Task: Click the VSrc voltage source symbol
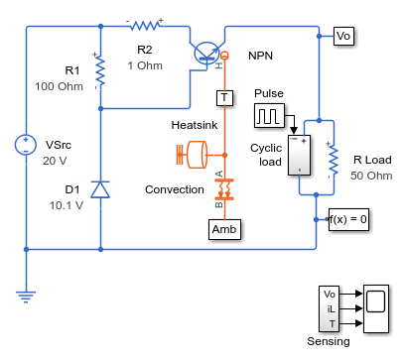coord(26,145)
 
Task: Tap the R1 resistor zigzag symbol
coord(100,70)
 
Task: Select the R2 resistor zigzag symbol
coord(146,26)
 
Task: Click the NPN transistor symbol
coord(206,53)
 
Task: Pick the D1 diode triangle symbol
coord(100,189)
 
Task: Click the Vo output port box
coord(343,36)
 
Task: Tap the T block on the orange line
coord(224,98)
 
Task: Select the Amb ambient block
coord(224,229)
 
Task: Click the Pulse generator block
coord(269,116)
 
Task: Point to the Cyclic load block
coord(300,155)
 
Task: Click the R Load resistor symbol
coord(334,160)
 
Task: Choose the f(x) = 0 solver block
coord(348,219)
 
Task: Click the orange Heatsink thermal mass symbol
coord(197,155)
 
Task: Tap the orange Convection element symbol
coord(224,189)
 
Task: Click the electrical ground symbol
coord(26,297)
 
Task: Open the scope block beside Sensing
coord(376,308)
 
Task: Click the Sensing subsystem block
coord(330,308)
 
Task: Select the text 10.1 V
coord(67,205)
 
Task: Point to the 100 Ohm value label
coord(60,86)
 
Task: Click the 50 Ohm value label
coord(371,176)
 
